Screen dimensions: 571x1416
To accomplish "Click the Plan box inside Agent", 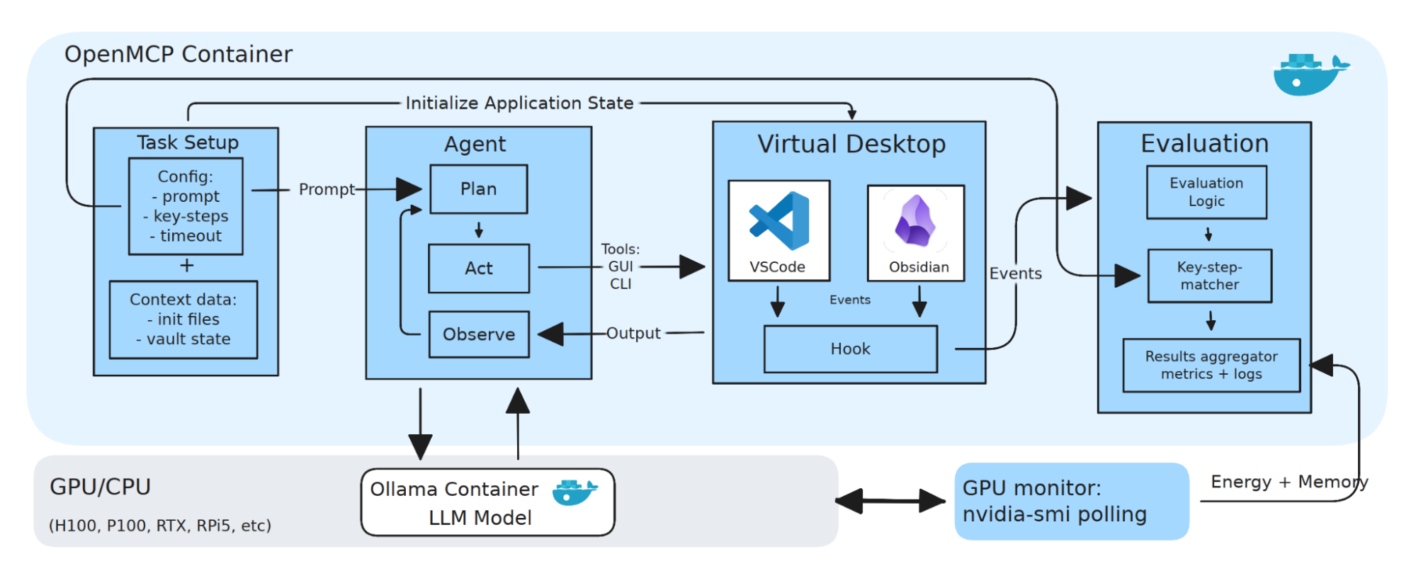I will [479, 189].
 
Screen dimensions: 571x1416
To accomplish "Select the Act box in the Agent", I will [479, 268].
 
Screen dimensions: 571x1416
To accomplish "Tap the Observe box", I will [479, 334].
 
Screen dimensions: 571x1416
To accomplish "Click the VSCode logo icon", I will [779, 221].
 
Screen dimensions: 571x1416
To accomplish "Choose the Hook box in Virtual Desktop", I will [850, 349].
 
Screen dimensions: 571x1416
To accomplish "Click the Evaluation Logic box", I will [1206, 192].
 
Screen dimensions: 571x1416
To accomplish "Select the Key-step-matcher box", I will [1209, 276].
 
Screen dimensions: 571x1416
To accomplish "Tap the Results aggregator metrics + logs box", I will [1211, 366].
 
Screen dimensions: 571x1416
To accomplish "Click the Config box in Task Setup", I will [186, 206].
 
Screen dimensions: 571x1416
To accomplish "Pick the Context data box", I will [183, 320].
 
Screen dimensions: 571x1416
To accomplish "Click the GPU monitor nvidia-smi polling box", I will [1070, 501].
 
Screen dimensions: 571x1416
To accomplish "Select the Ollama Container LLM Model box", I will [487, 503].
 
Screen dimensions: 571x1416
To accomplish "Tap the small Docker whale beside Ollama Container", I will [574, 492].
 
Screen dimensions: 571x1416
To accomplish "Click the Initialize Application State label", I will [519, 103].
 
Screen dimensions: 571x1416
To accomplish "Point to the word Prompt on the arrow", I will [326, 190].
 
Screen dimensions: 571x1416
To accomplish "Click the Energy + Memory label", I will [1288, 482].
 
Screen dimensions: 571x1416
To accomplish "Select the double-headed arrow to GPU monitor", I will [890, 501].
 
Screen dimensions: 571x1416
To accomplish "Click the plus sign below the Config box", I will [186, 266].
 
